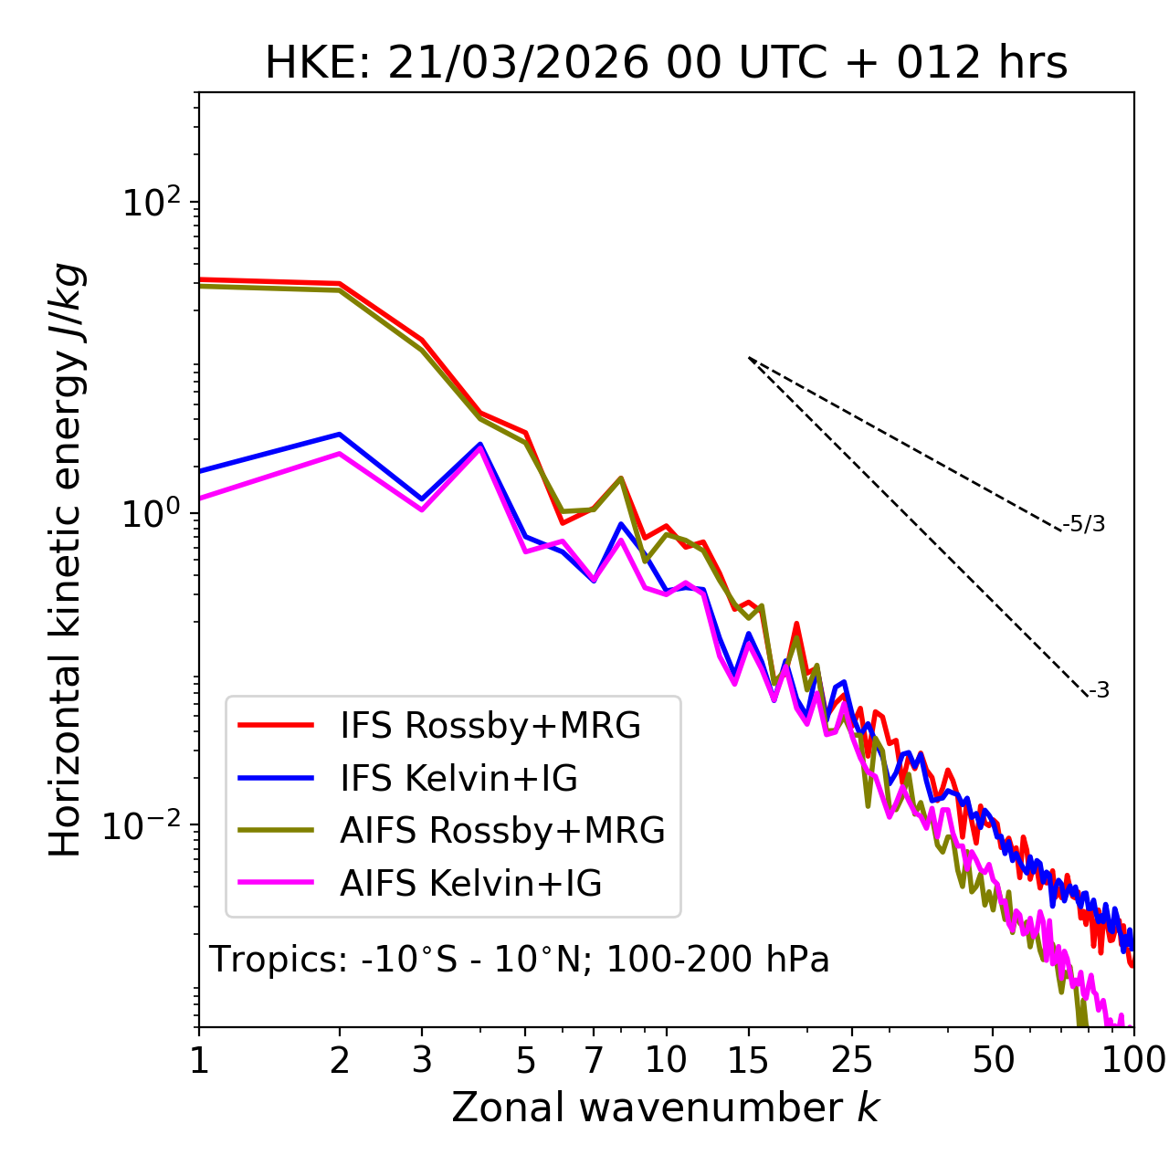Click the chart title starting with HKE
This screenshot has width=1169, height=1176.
click(x=666, y=64)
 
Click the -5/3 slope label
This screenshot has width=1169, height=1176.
click(x=1084, y=525)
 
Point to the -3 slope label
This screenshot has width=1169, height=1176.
click(x=1099, y=691)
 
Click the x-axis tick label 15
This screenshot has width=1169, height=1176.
click(x=748, y=1060)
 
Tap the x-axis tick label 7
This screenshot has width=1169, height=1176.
click(x=594, y=1060)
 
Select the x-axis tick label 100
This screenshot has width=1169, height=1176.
click(x=1132, y=1060)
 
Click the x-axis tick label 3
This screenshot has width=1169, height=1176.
click(x=421, y=1060)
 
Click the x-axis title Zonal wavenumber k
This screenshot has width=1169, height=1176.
click(x=666, y=1108)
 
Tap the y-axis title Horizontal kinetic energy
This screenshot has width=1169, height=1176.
click(x=67, y=561)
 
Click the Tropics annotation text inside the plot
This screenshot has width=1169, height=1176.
click(x=520, y=961)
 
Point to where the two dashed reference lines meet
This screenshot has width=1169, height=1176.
click(x=748, y=358)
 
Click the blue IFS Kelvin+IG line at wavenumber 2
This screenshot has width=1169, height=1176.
click(x=340, y=434)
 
